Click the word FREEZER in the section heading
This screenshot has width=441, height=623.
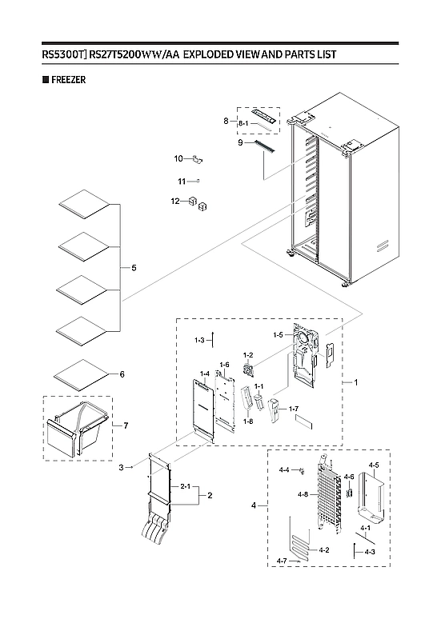point(68,80)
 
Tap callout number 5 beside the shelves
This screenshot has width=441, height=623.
point(134,267)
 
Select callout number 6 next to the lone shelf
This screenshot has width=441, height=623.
point(122,374)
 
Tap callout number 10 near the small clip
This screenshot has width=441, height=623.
point(179,158)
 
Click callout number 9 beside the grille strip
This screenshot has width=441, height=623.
point(240,142)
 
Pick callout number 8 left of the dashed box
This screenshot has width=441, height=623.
point(227,121)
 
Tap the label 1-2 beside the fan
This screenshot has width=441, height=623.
point(248,354)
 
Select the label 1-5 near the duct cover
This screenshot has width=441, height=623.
point(279,334)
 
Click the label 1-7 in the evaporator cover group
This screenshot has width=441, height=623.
point(294,409)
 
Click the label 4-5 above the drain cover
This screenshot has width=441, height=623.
point(374,465)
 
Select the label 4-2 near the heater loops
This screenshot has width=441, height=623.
point(324,550)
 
